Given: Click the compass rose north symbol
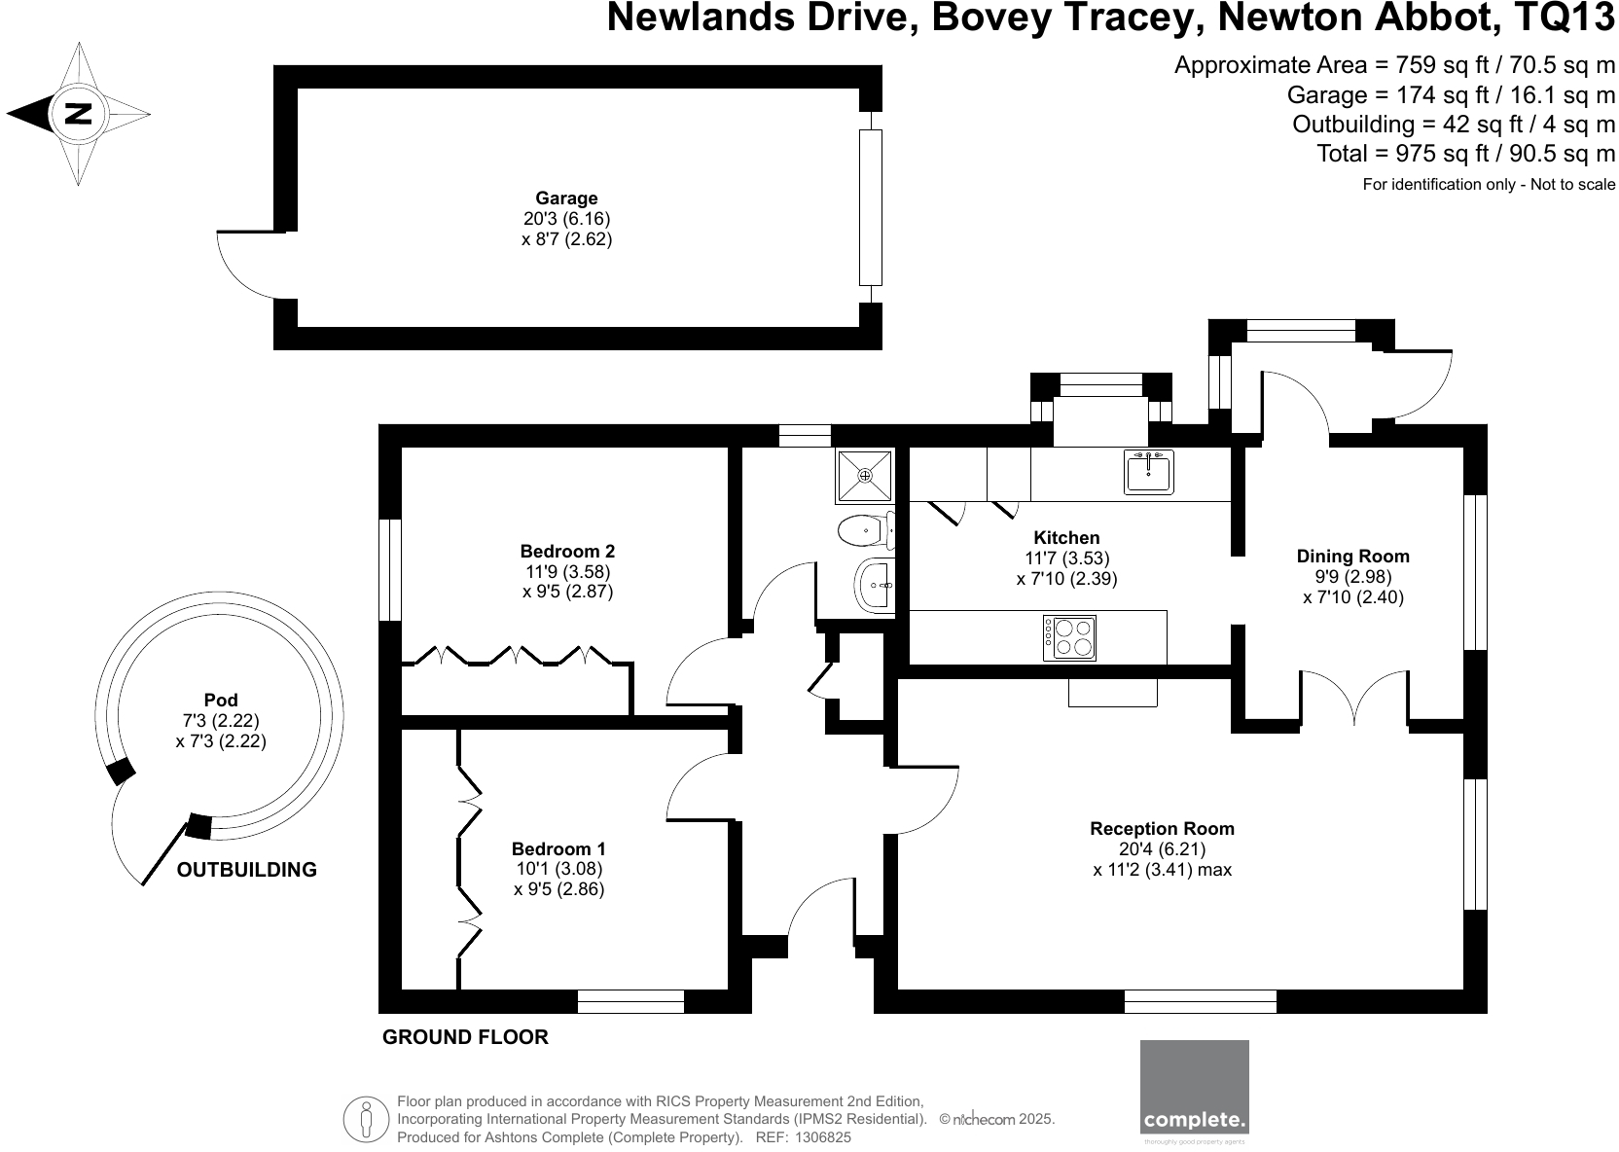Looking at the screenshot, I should pos(78,114).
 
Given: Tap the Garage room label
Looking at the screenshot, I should pos(566,198).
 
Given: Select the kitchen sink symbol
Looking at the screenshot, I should pos(1149,472).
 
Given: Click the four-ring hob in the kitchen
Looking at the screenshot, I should pos(1069,638).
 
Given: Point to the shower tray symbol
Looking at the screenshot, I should pos(864,475).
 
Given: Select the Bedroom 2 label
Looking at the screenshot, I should pos(567,551).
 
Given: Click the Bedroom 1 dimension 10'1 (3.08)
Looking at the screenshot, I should pos(558,869).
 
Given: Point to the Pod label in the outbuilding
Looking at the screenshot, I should pos(221,700).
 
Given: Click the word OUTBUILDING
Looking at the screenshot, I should pos(247,870).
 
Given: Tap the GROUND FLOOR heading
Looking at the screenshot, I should pos(465,1037).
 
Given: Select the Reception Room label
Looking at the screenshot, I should pos(1162,829).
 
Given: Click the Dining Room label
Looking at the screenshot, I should pos(1352,557).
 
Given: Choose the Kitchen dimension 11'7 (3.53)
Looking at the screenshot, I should pos(1066,558).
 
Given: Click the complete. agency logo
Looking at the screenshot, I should pos(1194,1088).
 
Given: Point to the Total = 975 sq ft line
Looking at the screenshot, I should pos(1465,154).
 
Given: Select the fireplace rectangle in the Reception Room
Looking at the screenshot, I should pos(1113,692).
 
